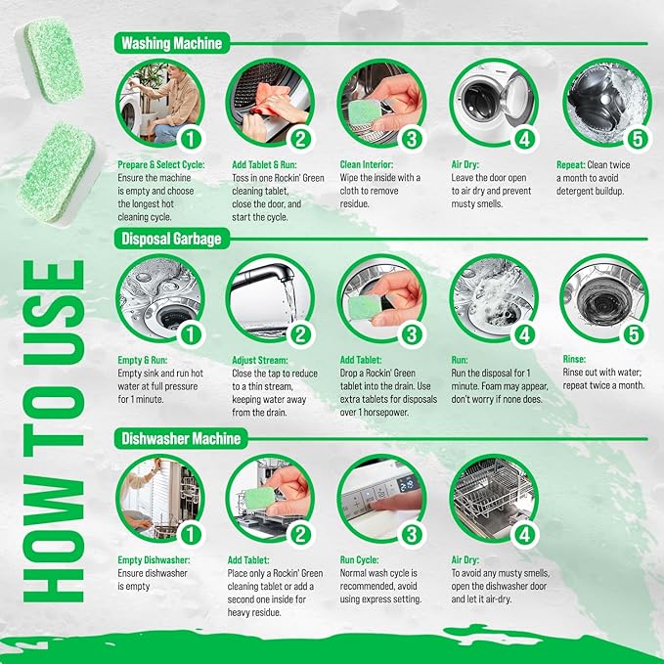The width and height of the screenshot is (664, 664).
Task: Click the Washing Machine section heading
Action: coord(172,43)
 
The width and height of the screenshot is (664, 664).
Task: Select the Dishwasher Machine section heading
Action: coord(181,438)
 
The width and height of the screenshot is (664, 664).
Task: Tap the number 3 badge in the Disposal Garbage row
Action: coord(413,333)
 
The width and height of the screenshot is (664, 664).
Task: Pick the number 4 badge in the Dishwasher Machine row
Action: coord(524,534)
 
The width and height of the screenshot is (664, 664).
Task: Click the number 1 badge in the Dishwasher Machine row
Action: coord(190,534)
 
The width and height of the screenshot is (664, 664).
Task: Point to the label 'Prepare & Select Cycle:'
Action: coord(160,165)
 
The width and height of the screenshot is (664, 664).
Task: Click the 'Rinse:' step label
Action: coord(574,359)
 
